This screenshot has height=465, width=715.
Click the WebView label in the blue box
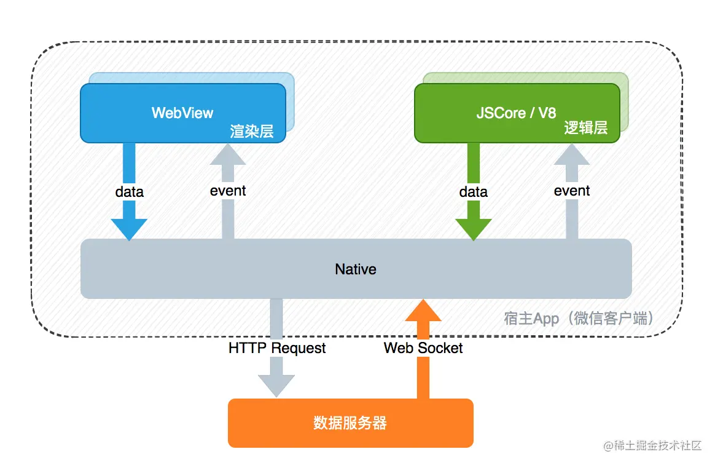(182, 113)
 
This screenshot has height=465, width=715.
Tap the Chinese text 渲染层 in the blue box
(252, 131)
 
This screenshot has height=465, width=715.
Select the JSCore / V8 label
(516, 113)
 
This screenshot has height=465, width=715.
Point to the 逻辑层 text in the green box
(586, 127)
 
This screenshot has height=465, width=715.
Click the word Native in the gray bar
(356, 269)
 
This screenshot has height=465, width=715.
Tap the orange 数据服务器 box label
(350, 423)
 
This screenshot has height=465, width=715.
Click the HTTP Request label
(277, 348)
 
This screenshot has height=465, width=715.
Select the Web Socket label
(423, 348)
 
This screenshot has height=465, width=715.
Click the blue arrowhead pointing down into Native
(129, 228)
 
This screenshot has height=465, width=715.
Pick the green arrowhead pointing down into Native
(474, 228)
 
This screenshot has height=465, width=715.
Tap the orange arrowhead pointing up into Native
(423, 311)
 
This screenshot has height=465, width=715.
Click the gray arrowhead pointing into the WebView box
(227, 154)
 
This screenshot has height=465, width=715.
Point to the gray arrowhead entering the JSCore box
(572, 154)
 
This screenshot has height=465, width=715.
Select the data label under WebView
(130, 192)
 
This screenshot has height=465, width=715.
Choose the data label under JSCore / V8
(474, 192)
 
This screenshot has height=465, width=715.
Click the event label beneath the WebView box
(228, 191)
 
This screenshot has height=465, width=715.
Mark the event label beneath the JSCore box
(572, 191)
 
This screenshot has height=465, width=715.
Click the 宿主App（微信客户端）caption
(579, 318)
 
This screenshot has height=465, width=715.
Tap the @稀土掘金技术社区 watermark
(652, 445)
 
